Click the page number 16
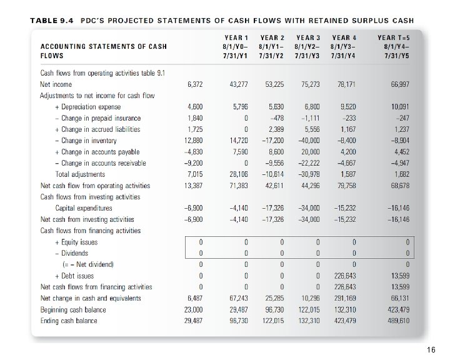[431, 351]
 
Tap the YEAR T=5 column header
[393, 46]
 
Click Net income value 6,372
[195, 84]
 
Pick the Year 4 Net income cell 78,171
[347, 84]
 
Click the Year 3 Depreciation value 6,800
[311, 107]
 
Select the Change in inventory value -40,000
[309, 141]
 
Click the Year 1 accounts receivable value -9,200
[194, 163]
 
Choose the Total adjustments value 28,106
[238, 174]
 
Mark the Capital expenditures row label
[84, 208]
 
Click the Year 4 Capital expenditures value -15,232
[344, 208]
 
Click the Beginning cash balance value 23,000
[193, 309]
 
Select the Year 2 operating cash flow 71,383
[238, 186]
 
